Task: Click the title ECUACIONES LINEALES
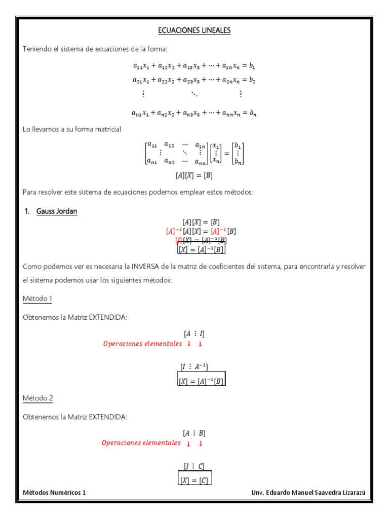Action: pos(194,30)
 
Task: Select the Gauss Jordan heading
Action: pos(57,211)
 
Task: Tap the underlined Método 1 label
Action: pos(37,299)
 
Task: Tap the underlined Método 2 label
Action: pos(37,398)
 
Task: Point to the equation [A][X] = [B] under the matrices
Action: pos(194,176)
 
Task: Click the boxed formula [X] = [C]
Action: pos(194,478)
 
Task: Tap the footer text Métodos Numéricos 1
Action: pos(55,492)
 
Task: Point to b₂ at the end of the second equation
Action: pos(252,80)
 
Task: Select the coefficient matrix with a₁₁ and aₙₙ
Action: pos(177,153)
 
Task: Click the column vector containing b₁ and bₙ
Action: pos(238,153)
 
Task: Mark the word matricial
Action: pos(106,129)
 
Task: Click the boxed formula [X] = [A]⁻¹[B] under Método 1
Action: pos(201,379)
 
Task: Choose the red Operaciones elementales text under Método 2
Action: pos(141,443)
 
